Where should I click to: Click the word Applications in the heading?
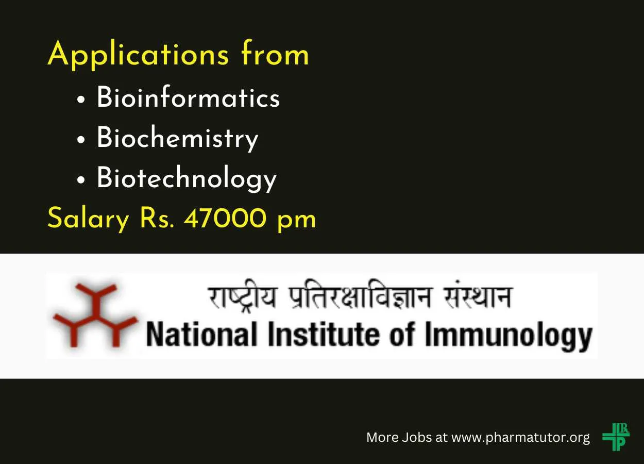pyautogui.click(x=138, y=55)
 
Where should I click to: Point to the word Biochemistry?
pyautogui.click(x=177, y=138)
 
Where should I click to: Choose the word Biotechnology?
pyautogui.click(x=187, y=178)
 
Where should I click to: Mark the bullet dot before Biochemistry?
pyautogui.click(x=81, y=140)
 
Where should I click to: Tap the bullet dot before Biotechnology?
pyautogui.click(x=81, y=180)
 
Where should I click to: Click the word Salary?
pyautogui.click(x=88, y=219)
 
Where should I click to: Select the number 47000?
pyautogui.click(x=225, y=218)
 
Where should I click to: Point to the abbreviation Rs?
pyautogui.click(x=157, y=218)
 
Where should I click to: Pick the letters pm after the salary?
pyautogui.click(x=296, y=222)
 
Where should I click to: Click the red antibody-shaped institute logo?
pyautogui.click(x=95, y=314)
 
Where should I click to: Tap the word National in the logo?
pyautogui.click(x=201, y=335)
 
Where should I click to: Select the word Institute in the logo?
pyautogui.click(x=326, y=334)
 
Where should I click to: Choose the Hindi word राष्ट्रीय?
pyautogui.click(x=242, y=296)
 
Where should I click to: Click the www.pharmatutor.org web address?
pyautogui.click(x=521, y=438)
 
